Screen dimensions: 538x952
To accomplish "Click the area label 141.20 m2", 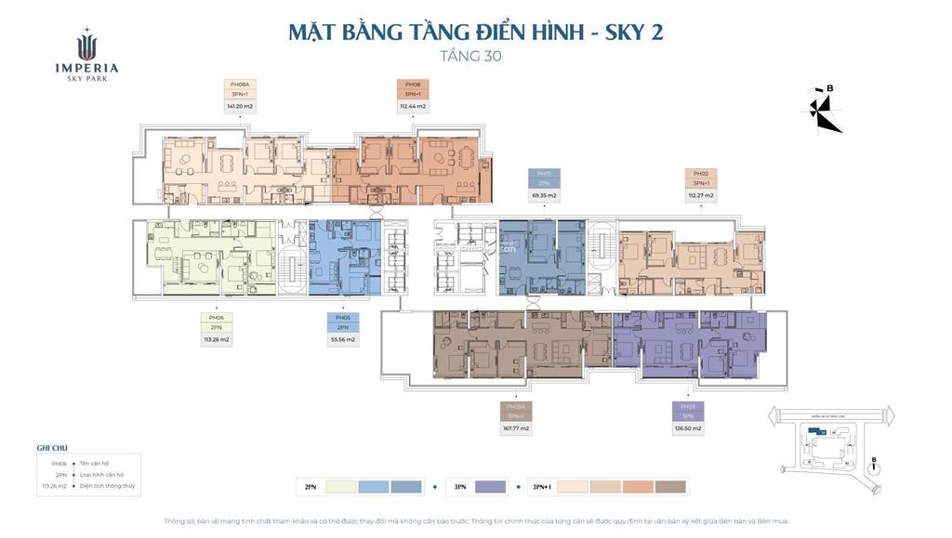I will pos(240,107).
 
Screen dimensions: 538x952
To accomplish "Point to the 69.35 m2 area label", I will pos(544,196).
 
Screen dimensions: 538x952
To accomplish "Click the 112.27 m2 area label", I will pos(701,196).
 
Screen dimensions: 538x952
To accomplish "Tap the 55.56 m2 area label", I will pos(342,340).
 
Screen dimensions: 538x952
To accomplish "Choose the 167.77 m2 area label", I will pos(517,428).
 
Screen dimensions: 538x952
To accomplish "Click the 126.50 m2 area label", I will pos(688,428).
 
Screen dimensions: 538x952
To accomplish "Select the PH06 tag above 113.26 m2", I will pos(216,318).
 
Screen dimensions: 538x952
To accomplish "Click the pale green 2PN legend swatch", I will pos(338,487).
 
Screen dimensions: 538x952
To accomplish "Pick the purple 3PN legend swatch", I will pos(490,487).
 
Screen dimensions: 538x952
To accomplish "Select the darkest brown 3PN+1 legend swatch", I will pos(670,487).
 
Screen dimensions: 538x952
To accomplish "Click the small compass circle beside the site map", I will pos(874,470).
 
